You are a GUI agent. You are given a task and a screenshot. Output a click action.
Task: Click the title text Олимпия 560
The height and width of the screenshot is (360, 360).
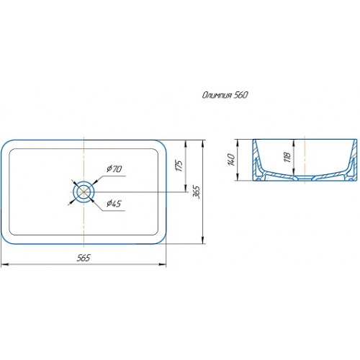click(225, 95)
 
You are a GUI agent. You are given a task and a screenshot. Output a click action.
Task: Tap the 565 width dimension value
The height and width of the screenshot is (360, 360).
click(84, 258)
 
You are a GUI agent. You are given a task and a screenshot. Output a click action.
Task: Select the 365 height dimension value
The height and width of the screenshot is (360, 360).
click(197, 192)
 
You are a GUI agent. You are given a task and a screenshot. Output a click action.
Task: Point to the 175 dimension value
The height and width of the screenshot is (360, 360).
click(179, 165)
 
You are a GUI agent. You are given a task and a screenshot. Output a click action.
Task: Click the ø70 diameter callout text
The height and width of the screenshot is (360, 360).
click(114, 168)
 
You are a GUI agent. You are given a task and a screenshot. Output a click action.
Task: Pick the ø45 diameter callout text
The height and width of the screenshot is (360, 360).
click(114, 204)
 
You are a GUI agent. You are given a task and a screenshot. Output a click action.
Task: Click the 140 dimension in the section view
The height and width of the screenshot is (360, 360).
click(230, 160)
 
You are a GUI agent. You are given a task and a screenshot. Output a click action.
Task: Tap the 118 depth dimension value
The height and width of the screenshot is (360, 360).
click(287, 157)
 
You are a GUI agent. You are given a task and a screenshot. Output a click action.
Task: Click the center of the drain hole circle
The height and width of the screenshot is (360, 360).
click(84, 192)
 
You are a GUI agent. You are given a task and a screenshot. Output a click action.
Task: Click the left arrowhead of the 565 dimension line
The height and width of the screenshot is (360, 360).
click(5, 264)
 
